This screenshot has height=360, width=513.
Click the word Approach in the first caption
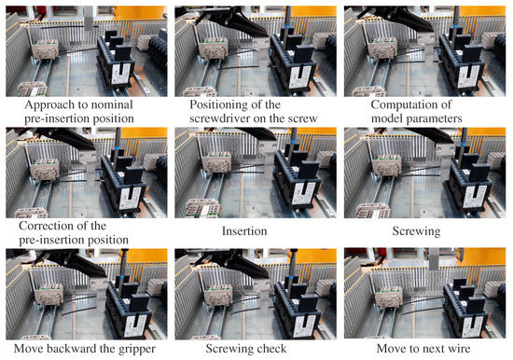click(48, 105)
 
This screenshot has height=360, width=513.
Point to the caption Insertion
click(244, 231)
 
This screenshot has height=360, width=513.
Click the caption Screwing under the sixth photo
click(416, 231)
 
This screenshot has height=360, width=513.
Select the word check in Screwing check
click(271, 349)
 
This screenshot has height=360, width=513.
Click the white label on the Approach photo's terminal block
click(120, 74)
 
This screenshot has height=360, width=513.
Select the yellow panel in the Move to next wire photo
click(484, 256)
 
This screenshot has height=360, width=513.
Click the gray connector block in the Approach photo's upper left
click(46, 49)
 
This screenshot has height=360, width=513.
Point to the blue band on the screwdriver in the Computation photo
click(455, 25)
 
